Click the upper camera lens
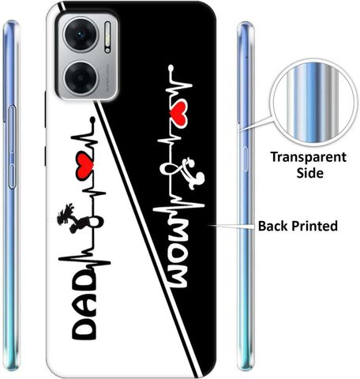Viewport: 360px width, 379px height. coord(81,34)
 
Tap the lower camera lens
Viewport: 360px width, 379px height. coord(81,78)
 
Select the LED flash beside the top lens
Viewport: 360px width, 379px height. coord(107,37)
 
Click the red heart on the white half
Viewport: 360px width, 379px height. coord(84,166)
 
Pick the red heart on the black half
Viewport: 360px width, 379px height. coord(178,112)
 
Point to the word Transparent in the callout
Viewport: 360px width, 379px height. coord(309,157)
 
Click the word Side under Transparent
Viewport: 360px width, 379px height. coord(310,173)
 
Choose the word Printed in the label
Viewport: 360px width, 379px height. coord(315,226)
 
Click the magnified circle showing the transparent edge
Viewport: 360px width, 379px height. coord(313,103)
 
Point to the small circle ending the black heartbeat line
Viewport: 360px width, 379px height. coord(92,120)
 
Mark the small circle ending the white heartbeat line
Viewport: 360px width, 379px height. coord(171,68)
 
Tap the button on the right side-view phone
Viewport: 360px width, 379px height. coord(246,159)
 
